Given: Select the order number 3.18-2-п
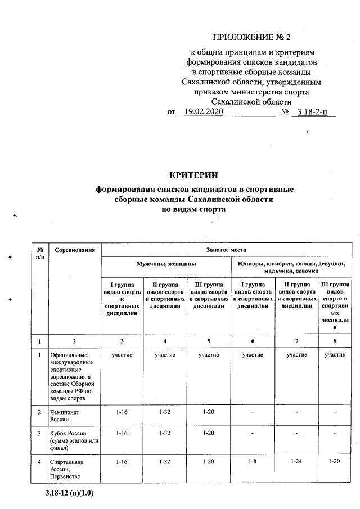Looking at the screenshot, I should tap(316, 112).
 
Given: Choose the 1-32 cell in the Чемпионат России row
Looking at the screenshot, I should tap(165, 412).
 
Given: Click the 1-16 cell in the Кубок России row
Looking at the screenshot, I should tap(121, 433).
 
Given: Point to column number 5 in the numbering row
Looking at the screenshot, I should tap(209, 341).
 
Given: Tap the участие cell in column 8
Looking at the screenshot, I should tap(335, 355).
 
